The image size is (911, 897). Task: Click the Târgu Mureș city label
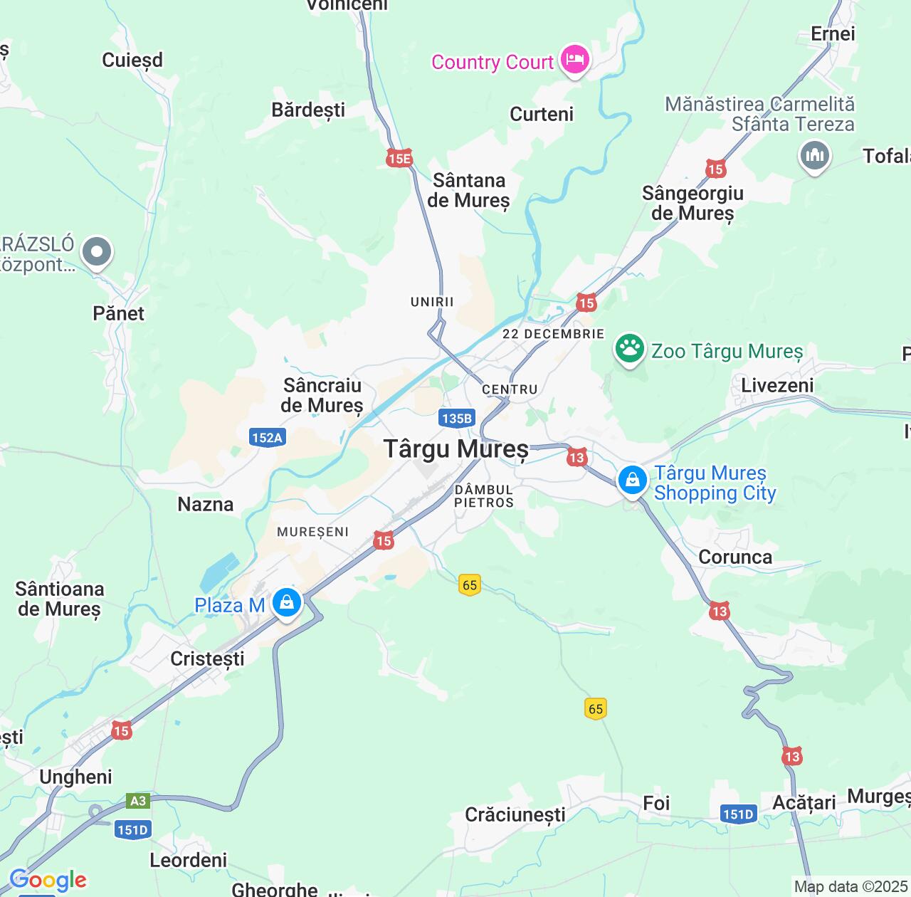(x=456, y=448)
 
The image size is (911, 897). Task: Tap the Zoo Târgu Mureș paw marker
(x=630, y=350)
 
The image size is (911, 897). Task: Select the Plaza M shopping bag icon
(x=287, y=604)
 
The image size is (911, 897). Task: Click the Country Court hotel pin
(x=574, y=59)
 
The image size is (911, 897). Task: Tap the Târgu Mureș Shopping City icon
(x=632, y=480)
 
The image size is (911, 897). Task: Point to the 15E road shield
(x=399, y=158)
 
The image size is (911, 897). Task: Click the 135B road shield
(x=456, y=418)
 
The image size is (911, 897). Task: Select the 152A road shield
(x=267, y=437)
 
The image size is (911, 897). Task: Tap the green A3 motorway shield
(x=138, y=801)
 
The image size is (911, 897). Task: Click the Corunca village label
(x=735, y=557)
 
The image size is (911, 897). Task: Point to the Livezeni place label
(x=777, y=385)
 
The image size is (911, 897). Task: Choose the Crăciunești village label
(x=515, y=814)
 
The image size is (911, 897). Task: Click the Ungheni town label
(x=75, y=777)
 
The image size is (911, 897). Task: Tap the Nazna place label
(x=205, y=504)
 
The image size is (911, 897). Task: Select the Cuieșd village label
(x=132, y=60)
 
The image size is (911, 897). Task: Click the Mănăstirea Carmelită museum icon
(x=814, y=154)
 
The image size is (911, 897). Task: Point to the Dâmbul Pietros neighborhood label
(x=484, y=495)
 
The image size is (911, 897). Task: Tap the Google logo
(x=48, y=880)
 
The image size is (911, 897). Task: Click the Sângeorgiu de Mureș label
(x=692, y=203)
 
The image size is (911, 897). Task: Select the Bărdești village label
(x=308, y=110)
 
